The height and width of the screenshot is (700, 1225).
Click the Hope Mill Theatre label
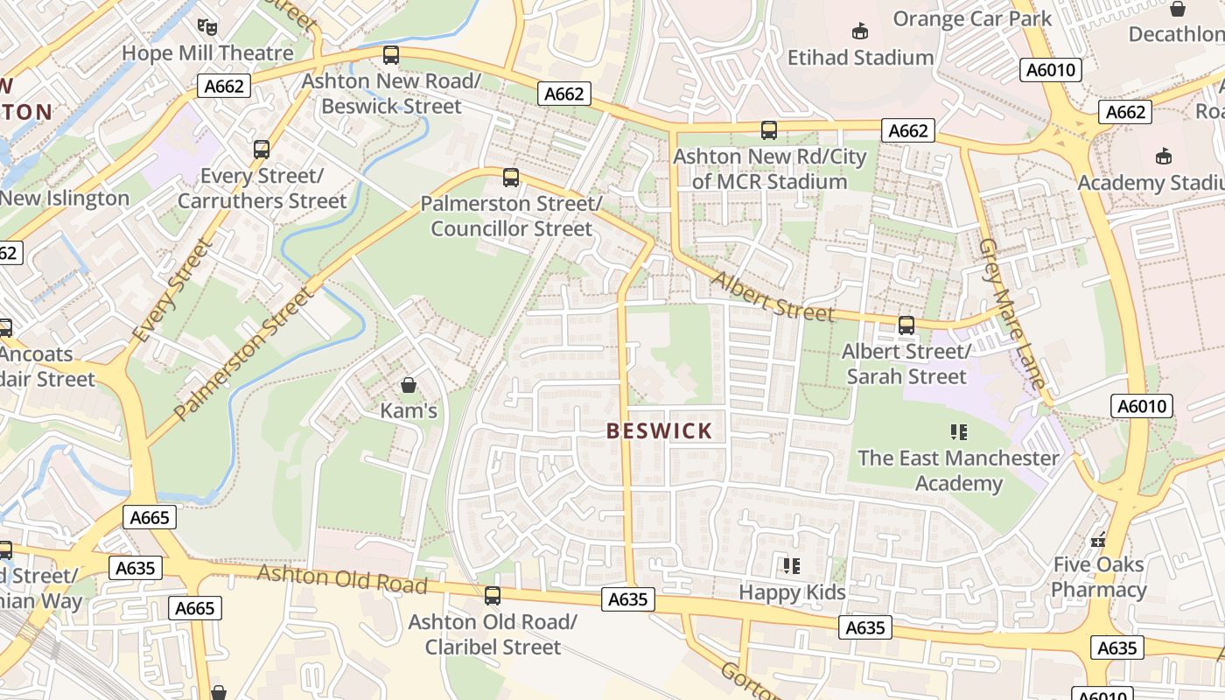(207, 53)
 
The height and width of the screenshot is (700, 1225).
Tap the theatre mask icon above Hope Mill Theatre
(206, 28)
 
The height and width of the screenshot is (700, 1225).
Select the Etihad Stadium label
(860, 58)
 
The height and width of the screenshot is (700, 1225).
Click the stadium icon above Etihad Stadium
(860, 32)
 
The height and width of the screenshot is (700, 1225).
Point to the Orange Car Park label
(971, 18)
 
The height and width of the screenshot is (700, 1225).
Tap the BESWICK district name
(660, 431)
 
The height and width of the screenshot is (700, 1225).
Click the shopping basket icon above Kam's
(408, 385)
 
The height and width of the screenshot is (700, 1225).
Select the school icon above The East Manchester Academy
(958, 431)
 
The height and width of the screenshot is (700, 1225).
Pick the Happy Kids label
(792, 592)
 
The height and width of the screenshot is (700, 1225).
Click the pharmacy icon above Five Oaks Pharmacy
(1098, 540)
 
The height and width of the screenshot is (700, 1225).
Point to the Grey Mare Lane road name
(1012, 313)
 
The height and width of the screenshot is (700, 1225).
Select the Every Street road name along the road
(171, 292)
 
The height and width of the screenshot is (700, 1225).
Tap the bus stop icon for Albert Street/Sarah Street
(906, 325)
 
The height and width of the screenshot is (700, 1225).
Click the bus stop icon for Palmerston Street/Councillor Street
(511, 178)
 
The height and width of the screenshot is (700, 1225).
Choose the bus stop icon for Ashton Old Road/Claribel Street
(493, 596)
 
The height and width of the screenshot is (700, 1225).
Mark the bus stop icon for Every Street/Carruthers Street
(262, 150)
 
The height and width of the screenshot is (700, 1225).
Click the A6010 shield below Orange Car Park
(1050, 70)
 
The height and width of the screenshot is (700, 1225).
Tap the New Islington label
(65, 199)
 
